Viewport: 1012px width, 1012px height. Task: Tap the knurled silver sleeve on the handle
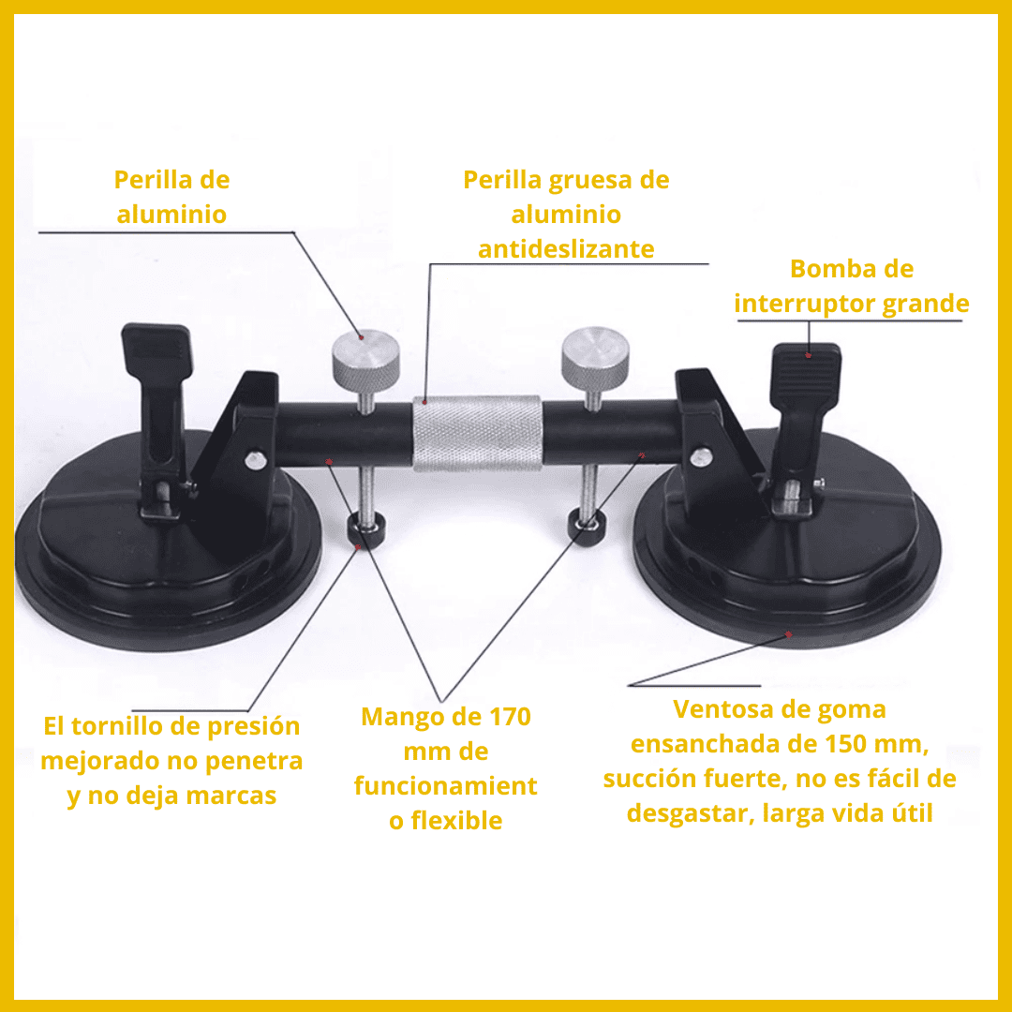pyautogui.click(x=477, y=434)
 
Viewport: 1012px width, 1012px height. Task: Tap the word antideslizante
pyautogui.click(x=566, y=249)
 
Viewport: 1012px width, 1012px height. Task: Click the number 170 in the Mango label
pyautogui.click(x=510, y=717)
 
